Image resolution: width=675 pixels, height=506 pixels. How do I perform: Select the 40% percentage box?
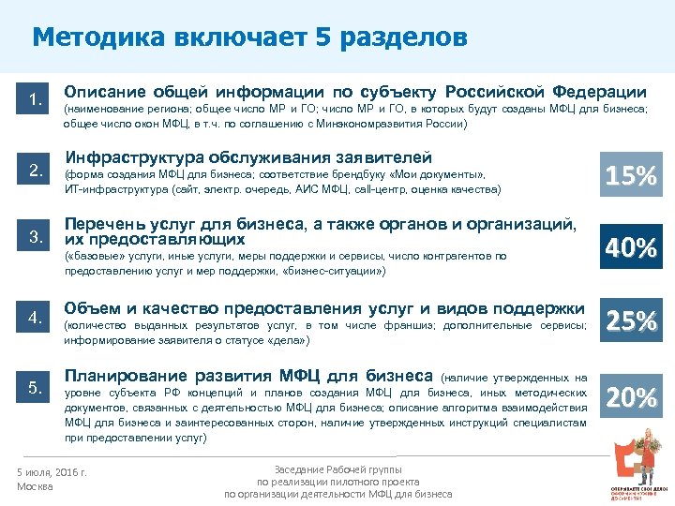coord(631,248)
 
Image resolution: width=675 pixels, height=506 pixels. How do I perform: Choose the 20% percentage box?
coord(631,398)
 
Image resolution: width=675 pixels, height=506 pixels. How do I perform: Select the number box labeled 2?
coord(37,171)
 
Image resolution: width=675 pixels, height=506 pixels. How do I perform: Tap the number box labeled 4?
coord(37,318)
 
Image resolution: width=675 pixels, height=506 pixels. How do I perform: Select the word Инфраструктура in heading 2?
coord(125,156)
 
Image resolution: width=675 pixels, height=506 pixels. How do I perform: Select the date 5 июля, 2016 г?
coord(52,472)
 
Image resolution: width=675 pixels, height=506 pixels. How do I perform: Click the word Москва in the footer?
coord(37,487)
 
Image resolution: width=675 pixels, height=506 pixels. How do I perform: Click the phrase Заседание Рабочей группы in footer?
coord(337,469)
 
